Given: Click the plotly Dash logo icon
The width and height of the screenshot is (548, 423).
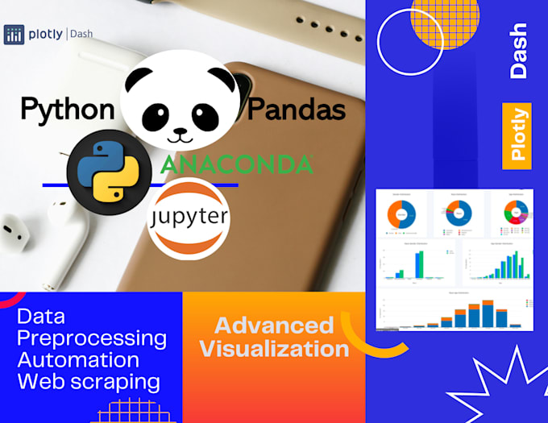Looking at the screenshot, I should (14, 34).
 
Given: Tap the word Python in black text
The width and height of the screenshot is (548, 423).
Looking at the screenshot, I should (66, 110).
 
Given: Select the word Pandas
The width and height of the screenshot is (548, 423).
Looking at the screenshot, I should (297, 110).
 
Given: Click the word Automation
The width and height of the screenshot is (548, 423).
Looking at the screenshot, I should (77, 359).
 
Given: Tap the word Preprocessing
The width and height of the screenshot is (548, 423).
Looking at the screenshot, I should (92, 338).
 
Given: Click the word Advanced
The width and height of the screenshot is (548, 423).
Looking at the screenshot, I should (274, 326).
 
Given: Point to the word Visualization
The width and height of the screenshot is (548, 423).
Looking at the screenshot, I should (274, 349).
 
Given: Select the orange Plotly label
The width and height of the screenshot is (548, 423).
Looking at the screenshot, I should (517, 136).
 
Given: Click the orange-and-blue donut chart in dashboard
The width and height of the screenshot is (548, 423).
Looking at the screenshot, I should (401, 214).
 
